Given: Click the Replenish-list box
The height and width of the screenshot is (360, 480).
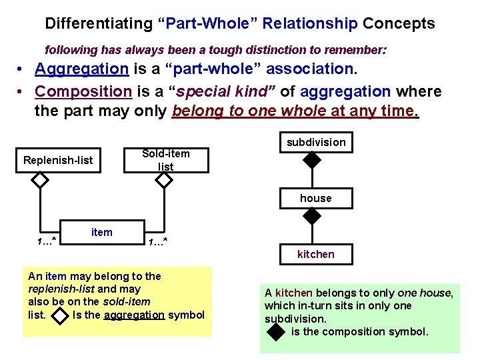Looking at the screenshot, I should [58, 160].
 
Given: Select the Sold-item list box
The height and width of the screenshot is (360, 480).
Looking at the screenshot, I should [166, 160].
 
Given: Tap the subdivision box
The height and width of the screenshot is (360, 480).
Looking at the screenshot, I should [316, 142].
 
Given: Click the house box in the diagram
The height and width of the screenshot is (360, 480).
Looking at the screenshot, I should [316, 198].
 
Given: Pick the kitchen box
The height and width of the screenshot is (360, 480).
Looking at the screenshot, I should [316, 254].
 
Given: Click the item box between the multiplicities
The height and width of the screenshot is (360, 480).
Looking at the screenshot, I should [102, 232].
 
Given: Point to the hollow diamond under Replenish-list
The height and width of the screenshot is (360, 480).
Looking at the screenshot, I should [40, 180].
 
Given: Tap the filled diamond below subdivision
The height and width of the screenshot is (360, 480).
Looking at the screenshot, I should [311, 160].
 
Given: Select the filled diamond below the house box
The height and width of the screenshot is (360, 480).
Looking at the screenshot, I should [311, 215].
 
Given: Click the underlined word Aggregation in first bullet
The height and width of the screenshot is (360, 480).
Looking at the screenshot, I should [81, 69].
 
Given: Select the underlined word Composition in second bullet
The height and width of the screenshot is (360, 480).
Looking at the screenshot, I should [83, 91].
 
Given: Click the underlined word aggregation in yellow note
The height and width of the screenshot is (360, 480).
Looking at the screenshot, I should [134, 315].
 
